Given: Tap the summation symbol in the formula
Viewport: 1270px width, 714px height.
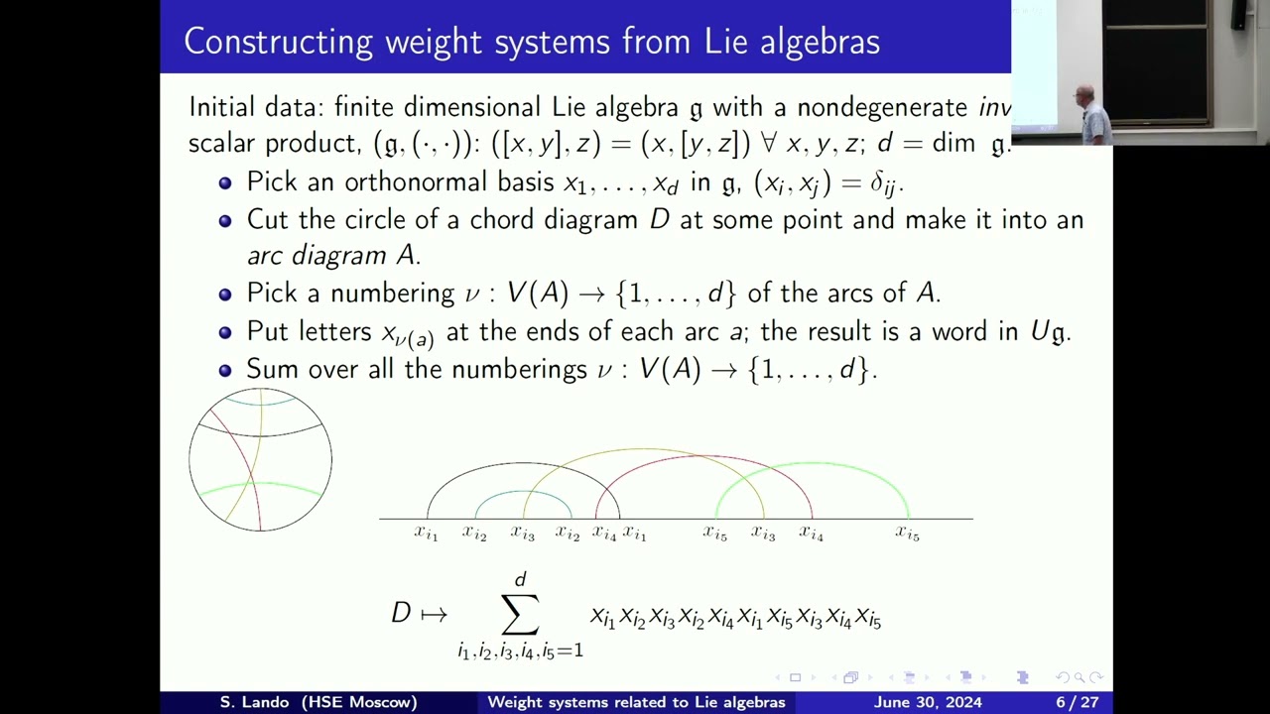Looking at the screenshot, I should [520, 614].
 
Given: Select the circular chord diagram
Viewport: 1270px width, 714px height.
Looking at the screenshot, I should [260, 459].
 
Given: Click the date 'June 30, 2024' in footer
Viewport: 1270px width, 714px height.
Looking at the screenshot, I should [928, 702].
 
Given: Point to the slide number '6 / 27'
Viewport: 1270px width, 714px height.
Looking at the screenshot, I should [1077, 702].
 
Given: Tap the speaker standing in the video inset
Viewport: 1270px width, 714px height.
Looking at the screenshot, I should [1091, 114].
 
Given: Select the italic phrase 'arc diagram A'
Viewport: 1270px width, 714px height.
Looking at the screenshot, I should [333, 256].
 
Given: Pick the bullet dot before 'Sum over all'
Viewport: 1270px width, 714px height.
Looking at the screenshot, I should [225, 370].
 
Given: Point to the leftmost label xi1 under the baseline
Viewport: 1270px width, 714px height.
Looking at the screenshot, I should [426, 534].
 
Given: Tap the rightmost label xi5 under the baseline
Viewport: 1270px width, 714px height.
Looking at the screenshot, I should [907, 534].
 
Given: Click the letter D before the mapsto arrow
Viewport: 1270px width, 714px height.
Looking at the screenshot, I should [401, 613].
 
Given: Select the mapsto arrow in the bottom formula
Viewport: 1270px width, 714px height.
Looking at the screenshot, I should [434, 614].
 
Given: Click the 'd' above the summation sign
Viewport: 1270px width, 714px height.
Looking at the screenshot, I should [520, 579].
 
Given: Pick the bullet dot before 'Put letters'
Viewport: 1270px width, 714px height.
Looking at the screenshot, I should [225, 332].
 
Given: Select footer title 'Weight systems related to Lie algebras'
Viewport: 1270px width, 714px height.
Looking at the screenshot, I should [636, 702].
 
